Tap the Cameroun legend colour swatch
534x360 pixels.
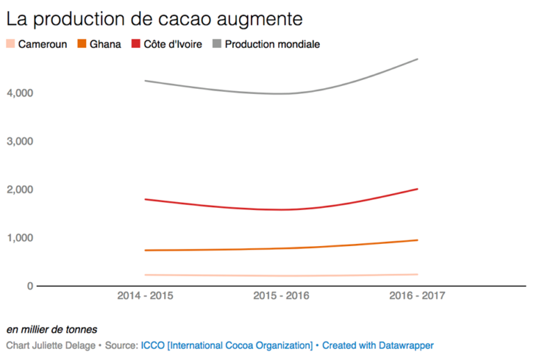tap(10, 44)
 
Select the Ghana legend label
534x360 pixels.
tap(105, 44)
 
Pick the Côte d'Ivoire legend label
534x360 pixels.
tap(173, 44)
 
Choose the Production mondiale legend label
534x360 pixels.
tap(272, 44)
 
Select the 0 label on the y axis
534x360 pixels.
tap(29, 286)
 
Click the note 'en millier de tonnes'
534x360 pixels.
tap(52, 329)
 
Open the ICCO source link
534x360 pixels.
tap(227, 345)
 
